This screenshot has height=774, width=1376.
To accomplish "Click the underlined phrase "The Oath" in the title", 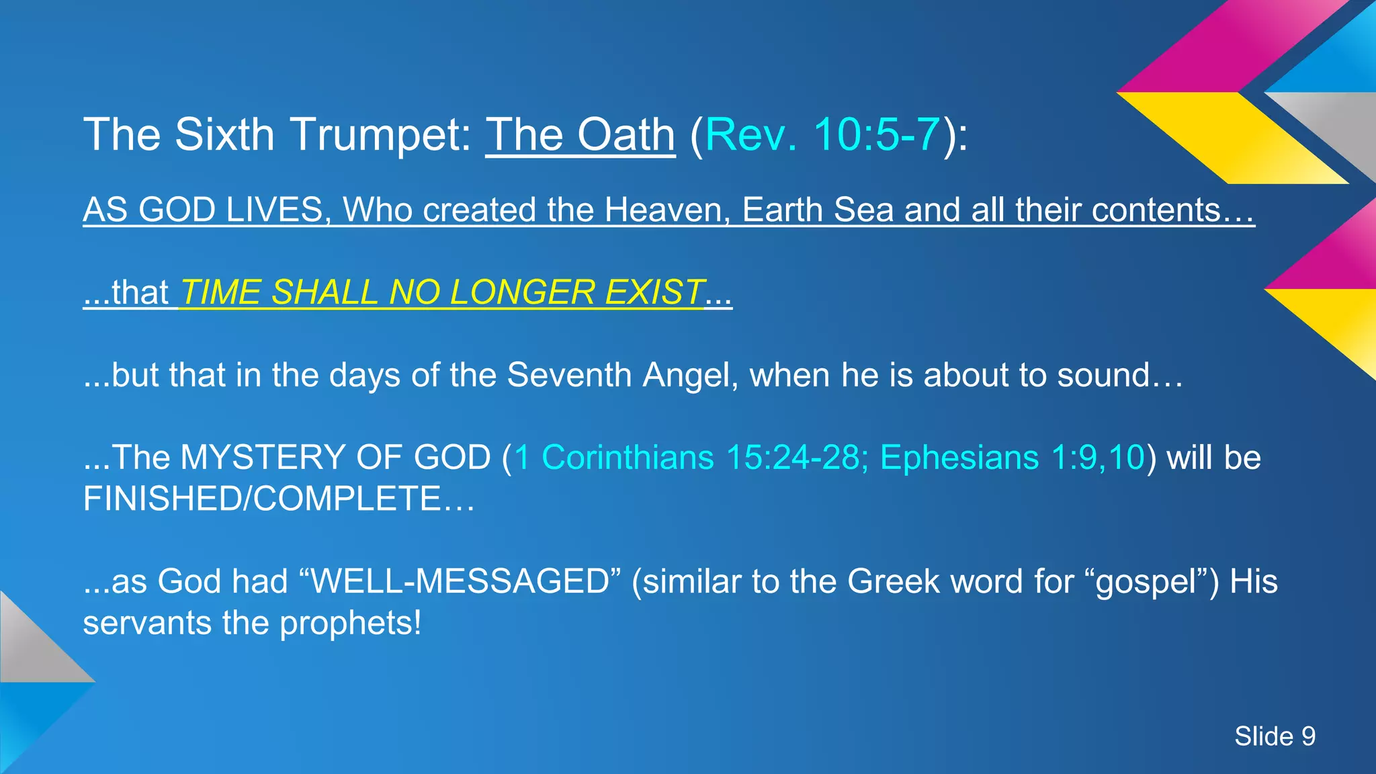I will point(580,135).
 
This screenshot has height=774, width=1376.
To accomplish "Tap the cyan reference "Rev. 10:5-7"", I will point(822,135).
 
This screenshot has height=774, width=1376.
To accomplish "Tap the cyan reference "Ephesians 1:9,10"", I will point(1011,458).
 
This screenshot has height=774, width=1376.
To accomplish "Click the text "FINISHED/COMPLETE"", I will point(262,499).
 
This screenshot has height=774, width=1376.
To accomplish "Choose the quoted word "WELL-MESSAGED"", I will point(460,581).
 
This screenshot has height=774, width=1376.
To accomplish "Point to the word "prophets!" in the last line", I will point(350,623).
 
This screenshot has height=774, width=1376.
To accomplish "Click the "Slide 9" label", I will point(1275,736).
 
